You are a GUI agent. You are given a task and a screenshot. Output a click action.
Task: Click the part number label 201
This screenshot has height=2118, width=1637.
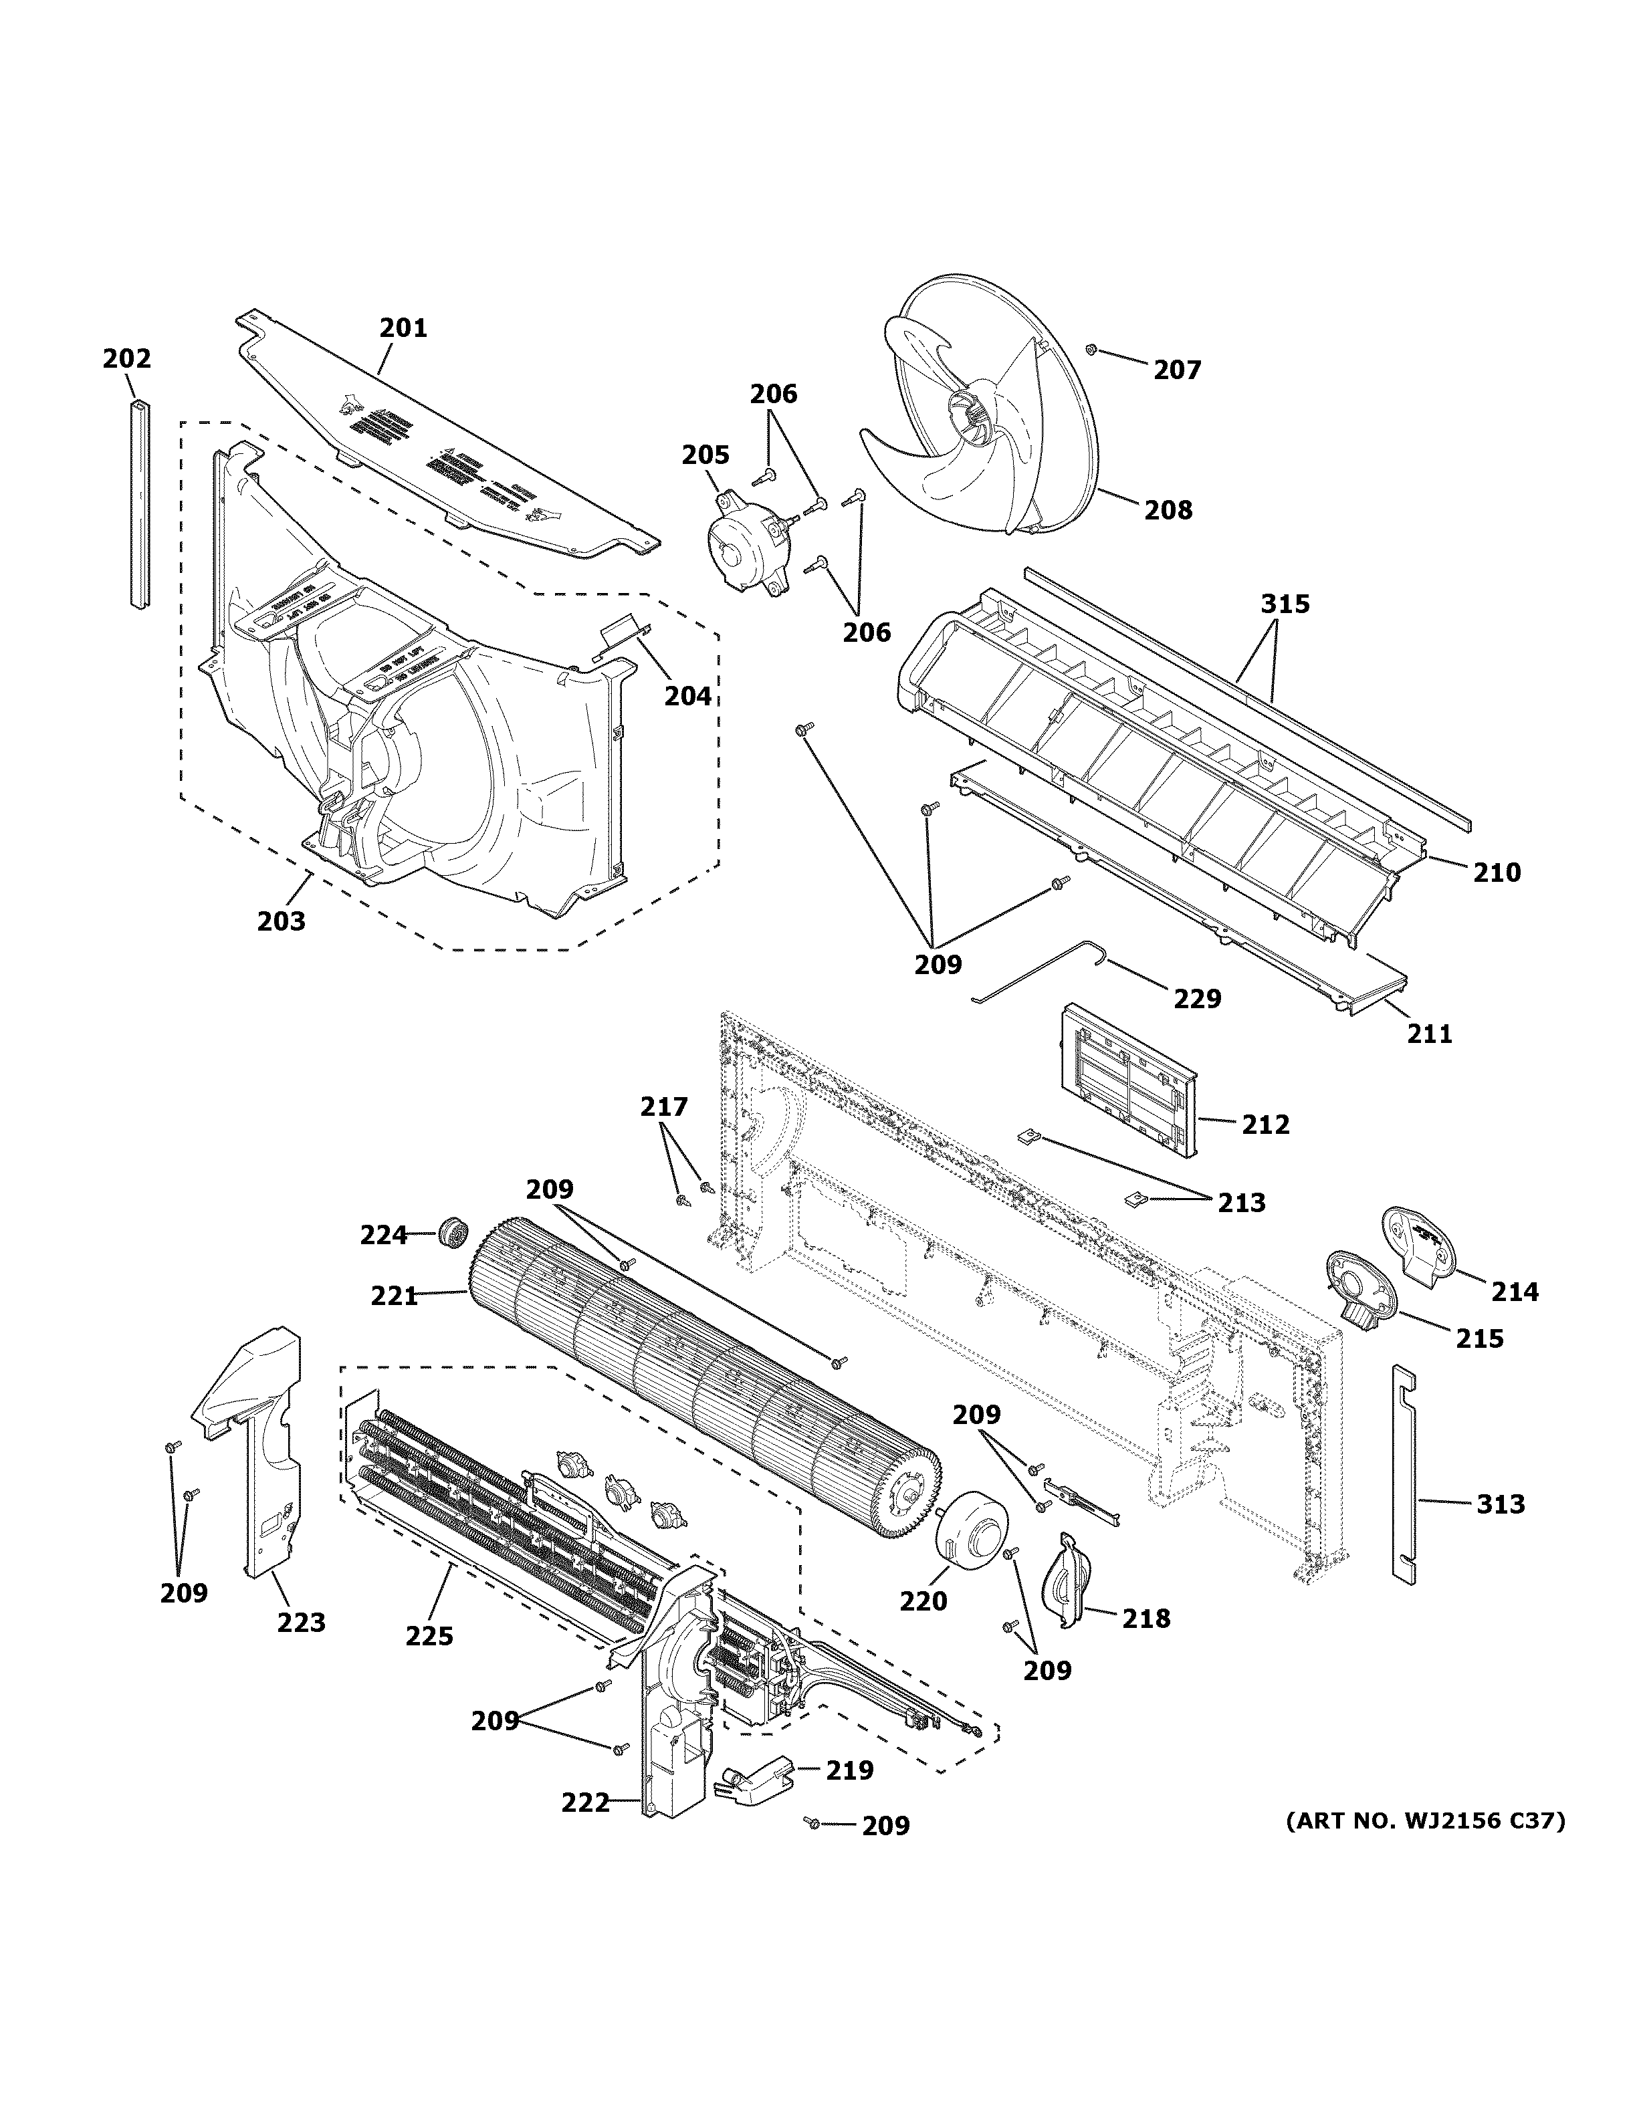point(403,328)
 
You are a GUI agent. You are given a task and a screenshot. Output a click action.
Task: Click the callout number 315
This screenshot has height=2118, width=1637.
point(1285,604)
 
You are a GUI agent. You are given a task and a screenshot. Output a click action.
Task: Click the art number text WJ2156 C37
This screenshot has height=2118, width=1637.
point(1426,1821)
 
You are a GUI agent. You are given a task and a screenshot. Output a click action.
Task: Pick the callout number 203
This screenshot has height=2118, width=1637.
point(282,921)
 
